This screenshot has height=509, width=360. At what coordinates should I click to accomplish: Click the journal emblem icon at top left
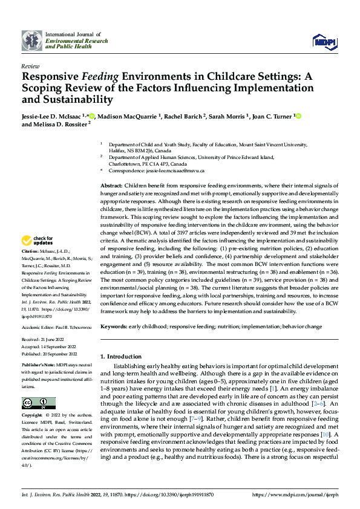click(32, 41)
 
